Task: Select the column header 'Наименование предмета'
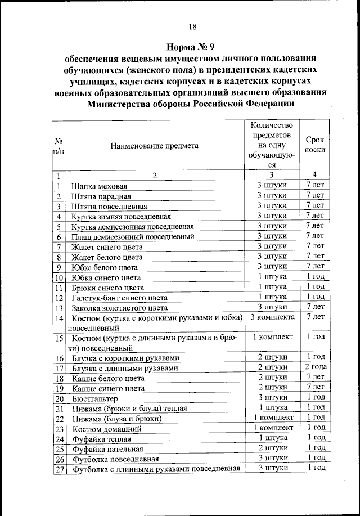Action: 154,145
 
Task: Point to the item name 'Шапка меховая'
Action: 100,186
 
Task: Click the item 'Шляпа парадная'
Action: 101,196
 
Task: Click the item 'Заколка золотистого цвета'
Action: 119,308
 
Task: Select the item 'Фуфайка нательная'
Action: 107,449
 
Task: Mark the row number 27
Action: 58,469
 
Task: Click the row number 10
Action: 58,277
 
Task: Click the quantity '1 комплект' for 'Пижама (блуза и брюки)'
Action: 272,418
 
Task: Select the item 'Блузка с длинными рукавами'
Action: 125,368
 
